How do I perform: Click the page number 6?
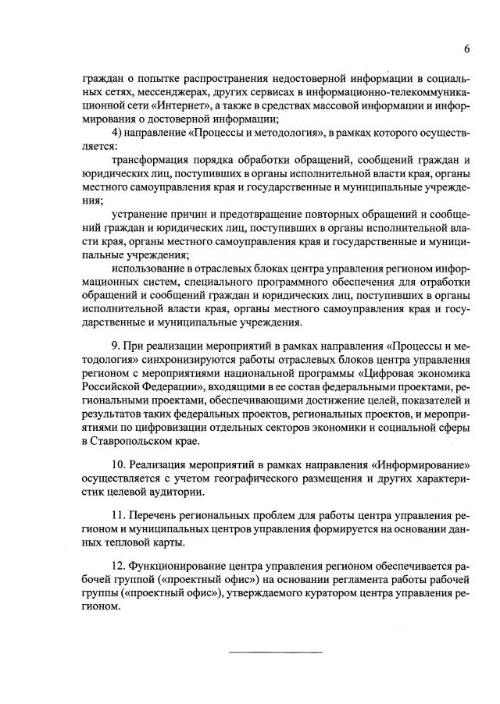coord(466,48)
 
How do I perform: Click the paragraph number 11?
coord(120,516)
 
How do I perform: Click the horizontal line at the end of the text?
coord(275,651)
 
